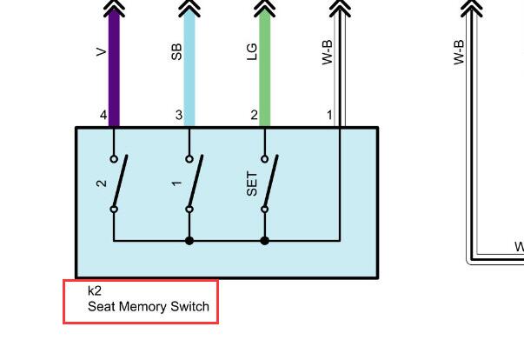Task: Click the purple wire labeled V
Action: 114,68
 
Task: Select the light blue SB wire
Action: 189,68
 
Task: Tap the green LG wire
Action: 265,68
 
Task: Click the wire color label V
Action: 101,52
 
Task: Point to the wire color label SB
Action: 176,52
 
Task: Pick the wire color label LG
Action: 252,52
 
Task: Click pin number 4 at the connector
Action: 103,115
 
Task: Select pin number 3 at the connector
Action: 179,115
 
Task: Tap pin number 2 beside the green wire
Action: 255,115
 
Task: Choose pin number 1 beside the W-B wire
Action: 329,115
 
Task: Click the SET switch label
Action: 252,183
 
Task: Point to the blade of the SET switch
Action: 271,181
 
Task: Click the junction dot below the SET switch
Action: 265,240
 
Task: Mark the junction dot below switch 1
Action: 189,240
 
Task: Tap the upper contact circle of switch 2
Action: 114,159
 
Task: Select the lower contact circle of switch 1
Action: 189,210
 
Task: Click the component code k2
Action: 94,290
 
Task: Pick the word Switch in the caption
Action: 189,306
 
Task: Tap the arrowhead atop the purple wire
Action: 114,9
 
